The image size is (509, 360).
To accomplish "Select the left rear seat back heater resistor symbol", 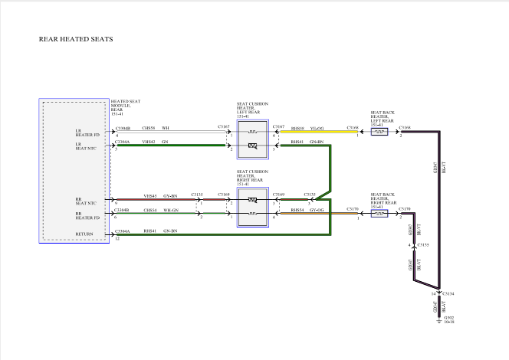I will [379, 132].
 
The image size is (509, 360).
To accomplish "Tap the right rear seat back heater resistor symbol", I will [379, 213].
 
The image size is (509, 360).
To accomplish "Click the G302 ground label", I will [448, 318].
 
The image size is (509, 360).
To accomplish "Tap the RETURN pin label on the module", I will [84, 234].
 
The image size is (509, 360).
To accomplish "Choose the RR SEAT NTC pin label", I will [84, 201].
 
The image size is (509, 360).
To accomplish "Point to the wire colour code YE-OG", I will [317, 128].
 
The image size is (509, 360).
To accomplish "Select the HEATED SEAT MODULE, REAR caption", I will [126, 106].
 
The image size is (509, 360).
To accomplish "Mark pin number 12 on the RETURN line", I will [117, 239].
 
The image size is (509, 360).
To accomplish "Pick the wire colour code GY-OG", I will [317, 209].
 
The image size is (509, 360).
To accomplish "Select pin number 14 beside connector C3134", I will [433, 293].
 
